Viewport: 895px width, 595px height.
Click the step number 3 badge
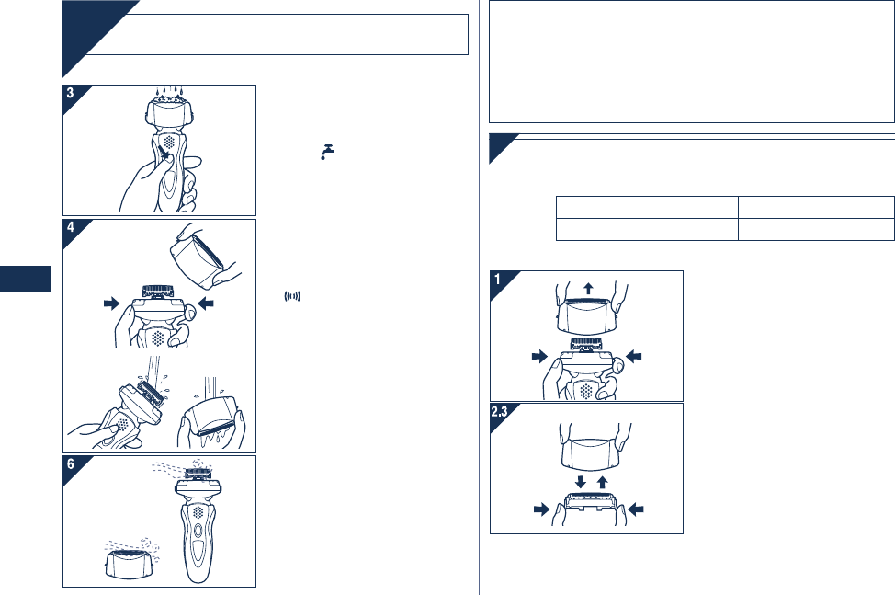tap(70, 93)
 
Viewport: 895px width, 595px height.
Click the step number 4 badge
tap(70, 227)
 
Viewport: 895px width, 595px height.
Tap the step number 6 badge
tap(70, 463)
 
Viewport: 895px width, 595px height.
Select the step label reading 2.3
tap(500, 411)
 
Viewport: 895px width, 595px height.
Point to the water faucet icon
tap(327, 152)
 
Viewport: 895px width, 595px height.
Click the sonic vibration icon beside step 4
tap(292, 296)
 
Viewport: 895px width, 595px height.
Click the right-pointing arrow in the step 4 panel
tap(112, 303)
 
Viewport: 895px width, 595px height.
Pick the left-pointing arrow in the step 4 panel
tap(206, 303)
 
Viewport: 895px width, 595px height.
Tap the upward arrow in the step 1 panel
tap(588, 288)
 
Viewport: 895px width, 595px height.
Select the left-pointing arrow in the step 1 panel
tap(634, 356)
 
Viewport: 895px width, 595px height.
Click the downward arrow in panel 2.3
tap(581, 482)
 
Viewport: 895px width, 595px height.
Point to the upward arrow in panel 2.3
tap(602, 482)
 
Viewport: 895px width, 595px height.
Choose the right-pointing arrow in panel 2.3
tap(541, 509)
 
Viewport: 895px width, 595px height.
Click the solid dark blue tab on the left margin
tap(26, 279)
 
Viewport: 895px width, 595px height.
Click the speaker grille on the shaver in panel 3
tap(169, 141)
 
